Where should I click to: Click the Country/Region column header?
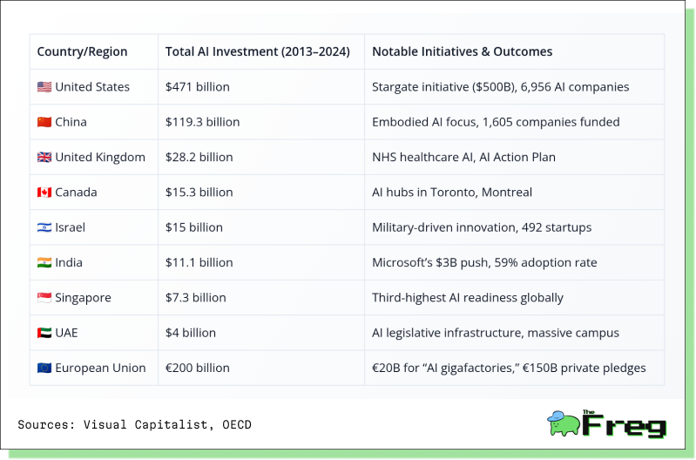coord(82,52)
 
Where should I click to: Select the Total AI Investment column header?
coord(258,52)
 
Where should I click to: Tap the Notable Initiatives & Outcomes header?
coord(462,52)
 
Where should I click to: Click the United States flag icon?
coord(44,87)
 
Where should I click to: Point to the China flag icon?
coord(44,122)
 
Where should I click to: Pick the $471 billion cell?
coord(198,87)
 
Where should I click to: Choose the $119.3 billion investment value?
coord(202,122)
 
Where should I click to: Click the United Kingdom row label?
coord(100,157)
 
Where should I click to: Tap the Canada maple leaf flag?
coord(44,193)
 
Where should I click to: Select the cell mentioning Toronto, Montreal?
coord(452,193)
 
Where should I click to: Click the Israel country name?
coord(71,227)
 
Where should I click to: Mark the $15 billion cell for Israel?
coord(194,227)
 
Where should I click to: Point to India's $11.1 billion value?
coord(199,262)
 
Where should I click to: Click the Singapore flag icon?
coord(44,297)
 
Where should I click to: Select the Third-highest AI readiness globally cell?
coord(468,297)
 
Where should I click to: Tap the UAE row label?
coord(66,333)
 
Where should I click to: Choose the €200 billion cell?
coord(198,369)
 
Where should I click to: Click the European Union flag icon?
coord(44,369)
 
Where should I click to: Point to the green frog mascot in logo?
coord(564,423)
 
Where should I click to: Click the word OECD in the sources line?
coord(237,425)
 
